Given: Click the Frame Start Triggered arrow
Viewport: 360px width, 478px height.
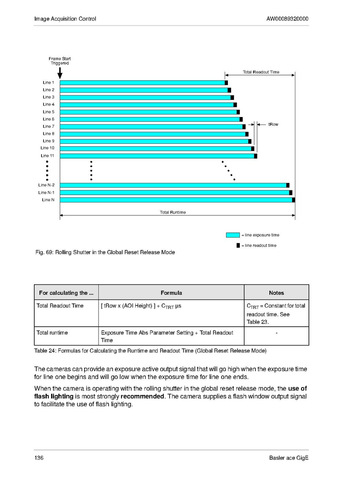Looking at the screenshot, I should coord(60,73).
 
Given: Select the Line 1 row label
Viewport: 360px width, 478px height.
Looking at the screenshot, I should coord(48,83).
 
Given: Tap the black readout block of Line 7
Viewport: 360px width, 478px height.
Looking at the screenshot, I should coord(244,127).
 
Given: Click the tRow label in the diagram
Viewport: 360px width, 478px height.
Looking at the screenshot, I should coord(273,125).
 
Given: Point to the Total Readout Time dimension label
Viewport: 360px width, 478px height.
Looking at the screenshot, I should coord(261,72).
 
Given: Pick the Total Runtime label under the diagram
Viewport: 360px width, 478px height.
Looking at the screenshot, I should coord(173,212).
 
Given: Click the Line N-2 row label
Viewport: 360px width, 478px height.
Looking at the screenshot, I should coord(46,185).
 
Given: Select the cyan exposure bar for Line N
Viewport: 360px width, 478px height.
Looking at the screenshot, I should coord(176,200).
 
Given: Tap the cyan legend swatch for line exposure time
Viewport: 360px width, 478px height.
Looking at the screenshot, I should coord(233,235).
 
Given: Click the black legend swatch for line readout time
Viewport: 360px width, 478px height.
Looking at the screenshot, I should coord(238,245).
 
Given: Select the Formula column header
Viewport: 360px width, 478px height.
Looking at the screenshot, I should coord(171,293).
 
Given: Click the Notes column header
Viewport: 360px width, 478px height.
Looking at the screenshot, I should coord(276,293).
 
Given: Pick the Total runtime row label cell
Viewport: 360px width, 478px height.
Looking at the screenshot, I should coord(52,333).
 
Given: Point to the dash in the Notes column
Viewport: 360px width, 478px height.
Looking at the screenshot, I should coord(276,333).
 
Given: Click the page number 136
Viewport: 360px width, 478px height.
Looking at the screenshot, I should coord(39,458).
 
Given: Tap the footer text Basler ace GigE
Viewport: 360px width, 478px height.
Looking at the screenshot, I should coord(289,458).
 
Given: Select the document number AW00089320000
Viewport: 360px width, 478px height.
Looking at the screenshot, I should coord(287,19).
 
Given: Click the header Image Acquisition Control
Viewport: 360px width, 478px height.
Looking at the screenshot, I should coord(65,19).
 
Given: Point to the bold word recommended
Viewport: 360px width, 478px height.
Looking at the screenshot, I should coord(142,396).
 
